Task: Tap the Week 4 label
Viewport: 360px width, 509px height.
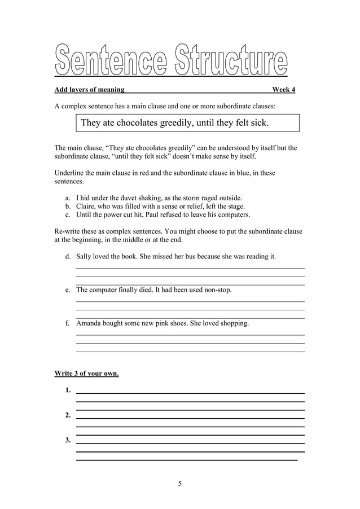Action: tap(283, 90)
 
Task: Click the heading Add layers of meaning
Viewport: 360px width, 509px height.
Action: tap(90, 90)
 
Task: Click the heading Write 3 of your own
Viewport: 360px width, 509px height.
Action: tap(86, 374)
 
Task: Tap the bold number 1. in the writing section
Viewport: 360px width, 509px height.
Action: tap(68, 390)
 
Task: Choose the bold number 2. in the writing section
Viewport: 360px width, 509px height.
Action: tap(68, 416)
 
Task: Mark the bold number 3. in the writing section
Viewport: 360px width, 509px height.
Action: tap(68, 441)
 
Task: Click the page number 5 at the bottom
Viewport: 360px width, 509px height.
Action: tap(179, 484)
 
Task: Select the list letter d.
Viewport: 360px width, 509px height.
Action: tap(68, 257)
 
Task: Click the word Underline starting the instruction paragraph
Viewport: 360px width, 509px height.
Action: tap(70, 173)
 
